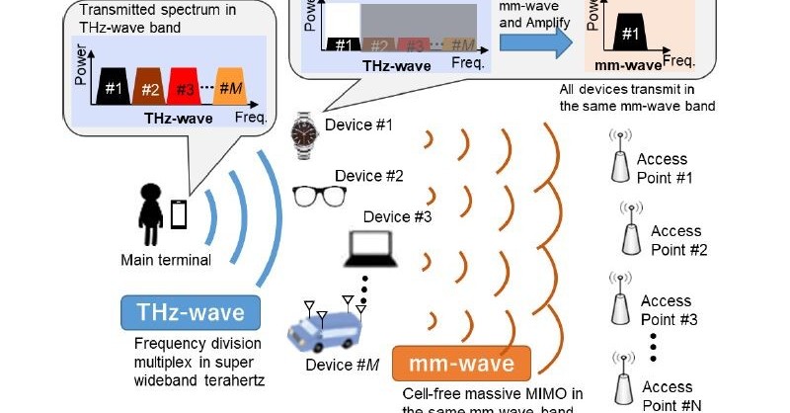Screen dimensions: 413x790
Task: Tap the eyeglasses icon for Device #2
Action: point(315,195)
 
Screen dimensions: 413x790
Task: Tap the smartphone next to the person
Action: point(180,214)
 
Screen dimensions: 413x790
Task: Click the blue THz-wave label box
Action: point(191,313)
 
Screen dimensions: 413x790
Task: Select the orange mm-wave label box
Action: point(462,364)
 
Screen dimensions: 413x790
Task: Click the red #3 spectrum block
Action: point(187,88)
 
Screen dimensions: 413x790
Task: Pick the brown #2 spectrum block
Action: point(150,88)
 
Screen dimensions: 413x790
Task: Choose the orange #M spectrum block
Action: point(231,88)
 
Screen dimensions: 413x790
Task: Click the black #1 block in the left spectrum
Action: point(114,88)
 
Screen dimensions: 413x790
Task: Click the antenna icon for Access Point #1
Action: point(619,157)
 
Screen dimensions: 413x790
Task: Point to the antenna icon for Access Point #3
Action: point(619,303)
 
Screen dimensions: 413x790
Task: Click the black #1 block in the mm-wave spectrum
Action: point(630,37)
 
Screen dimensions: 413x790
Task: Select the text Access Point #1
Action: point(662,168)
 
